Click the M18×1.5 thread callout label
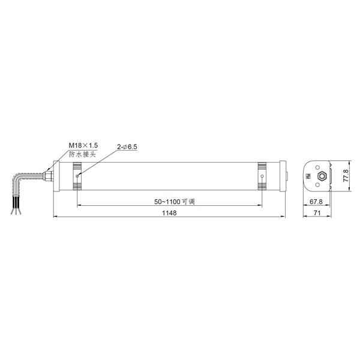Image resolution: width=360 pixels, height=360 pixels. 83,145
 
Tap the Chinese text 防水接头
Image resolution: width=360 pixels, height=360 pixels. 82,154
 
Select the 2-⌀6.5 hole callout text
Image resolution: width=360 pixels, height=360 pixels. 127,147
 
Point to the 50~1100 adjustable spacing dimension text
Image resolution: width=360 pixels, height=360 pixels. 175,202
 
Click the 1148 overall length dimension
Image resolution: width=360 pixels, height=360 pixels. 169,213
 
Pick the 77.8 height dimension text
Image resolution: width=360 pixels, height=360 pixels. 346,176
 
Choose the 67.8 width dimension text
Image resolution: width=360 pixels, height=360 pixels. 316,202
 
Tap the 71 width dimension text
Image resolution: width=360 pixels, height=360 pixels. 317,213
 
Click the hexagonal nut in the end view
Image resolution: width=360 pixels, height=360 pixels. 322,176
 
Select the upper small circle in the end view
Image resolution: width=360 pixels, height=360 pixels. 317,167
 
